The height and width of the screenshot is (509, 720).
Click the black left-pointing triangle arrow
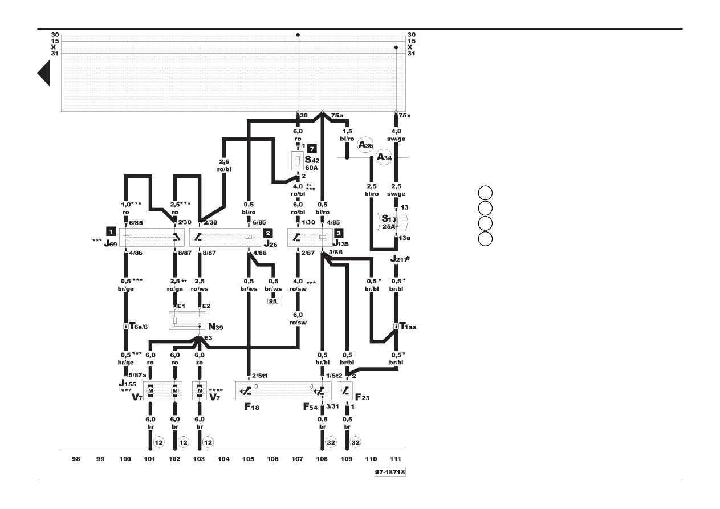click(x=44, y=74)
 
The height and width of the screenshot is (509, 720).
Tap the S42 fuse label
click(x=312, y=160)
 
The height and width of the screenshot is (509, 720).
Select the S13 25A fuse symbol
click(x=392, y=222)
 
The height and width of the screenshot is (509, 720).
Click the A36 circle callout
click(x=365, y=145)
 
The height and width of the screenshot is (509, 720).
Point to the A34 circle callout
click(x=384, y=157)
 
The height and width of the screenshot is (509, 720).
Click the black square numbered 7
click(x=312, y=149)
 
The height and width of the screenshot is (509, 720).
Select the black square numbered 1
click(x=111, y=231)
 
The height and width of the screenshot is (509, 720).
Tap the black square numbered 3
click(x=339, y=233)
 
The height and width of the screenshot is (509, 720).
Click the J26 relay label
click(x=270, y=244)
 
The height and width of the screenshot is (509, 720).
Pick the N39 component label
click(x=215, y=327)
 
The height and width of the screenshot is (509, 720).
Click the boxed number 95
click(x=273, y=301)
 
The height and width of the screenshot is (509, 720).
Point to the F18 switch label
click(x=251, y=407)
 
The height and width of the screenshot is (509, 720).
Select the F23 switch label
click(x=362, y=397)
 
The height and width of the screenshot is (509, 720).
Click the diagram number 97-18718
click(x=390, y=472)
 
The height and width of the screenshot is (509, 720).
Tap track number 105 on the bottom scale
click(x=248, y=459)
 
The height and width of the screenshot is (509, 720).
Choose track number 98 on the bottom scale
click(x=76, y=459)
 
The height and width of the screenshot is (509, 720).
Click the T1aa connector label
click(x=408, y=326)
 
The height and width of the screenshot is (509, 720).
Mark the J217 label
click(x=400, y=259)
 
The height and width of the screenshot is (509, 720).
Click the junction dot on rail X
click(x=396, y=47)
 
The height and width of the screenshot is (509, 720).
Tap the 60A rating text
click(x=311, y=168)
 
